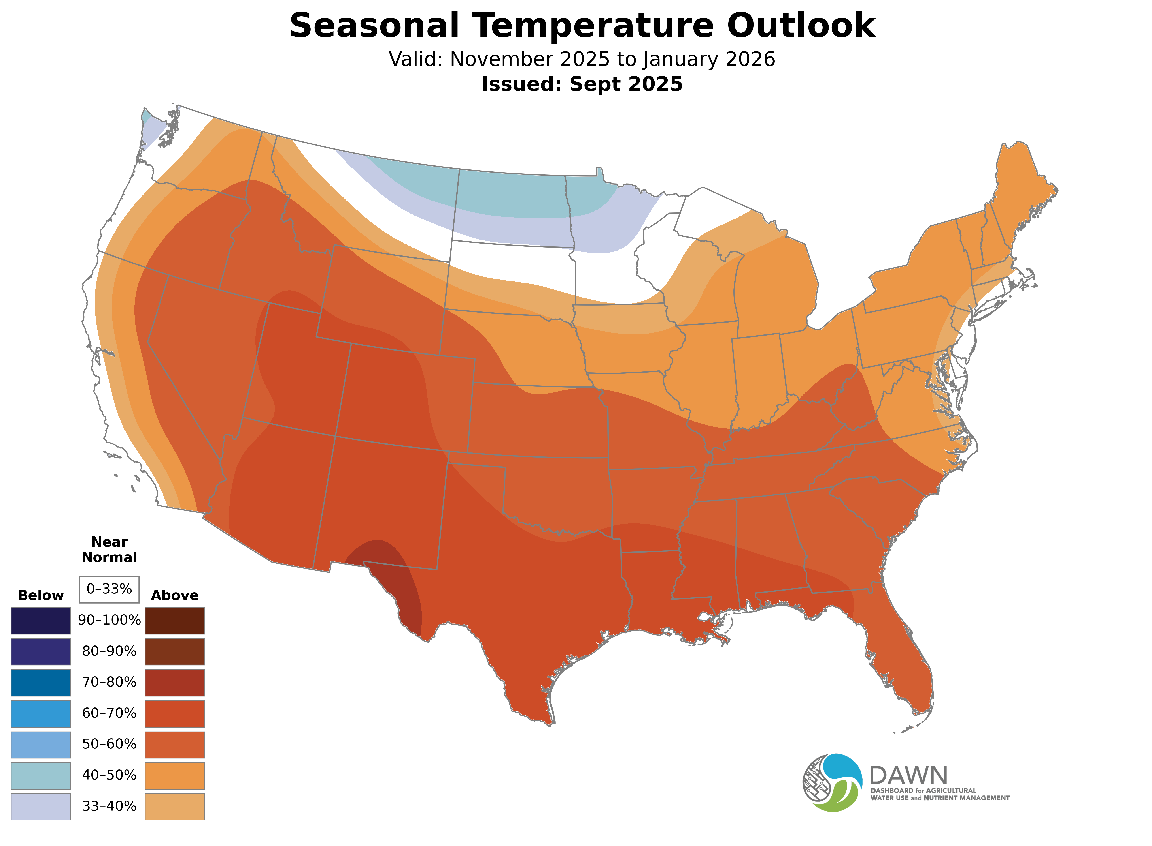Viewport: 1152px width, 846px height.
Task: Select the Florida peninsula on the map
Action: (905, 666)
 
